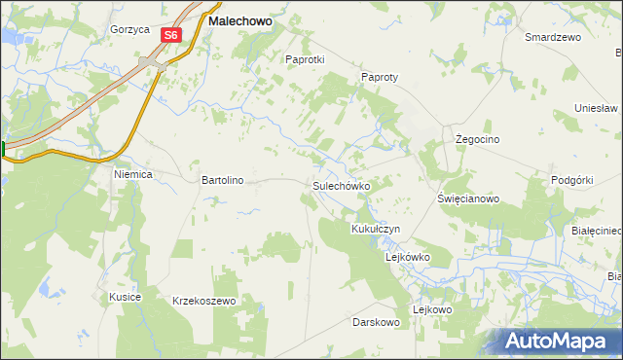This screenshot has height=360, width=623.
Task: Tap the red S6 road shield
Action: point(171,35)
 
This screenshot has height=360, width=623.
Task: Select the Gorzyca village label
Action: point(129,30)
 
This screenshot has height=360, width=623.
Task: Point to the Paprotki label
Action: point(304,59)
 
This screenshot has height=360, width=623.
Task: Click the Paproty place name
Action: point(381,77)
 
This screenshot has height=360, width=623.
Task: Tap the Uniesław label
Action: point(597,108)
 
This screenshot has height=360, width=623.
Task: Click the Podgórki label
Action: point(571,180)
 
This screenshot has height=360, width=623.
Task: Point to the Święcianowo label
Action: point(468,198)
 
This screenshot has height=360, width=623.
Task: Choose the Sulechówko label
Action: point(340,185)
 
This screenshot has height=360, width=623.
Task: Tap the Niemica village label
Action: point(134,175)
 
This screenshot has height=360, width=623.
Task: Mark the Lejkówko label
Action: point(408,258)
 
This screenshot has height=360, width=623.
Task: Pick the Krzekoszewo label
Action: point(204,302)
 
